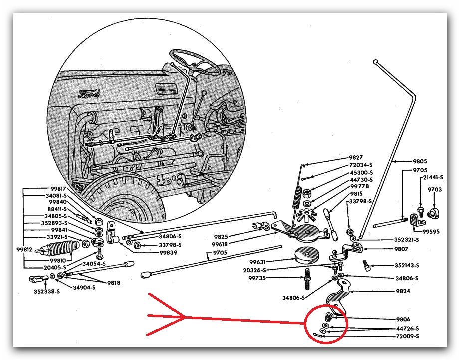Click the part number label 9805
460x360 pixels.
pyautogui.click(x=420, y=161)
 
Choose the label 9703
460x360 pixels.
pyautogui.click(x=435, y=190)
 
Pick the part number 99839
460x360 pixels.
pyautogui.click(x=171, y=253)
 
